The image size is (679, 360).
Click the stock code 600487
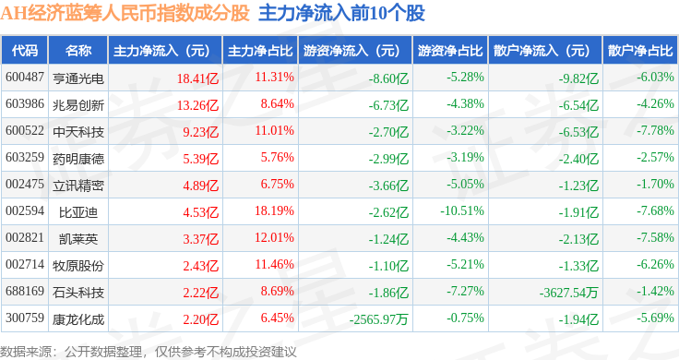25,78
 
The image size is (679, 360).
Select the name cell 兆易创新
78,105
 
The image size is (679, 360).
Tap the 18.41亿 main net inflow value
197,78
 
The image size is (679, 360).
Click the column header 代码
25,51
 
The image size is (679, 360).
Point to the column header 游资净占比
450,51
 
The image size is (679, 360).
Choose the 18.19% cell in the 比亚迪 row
274,211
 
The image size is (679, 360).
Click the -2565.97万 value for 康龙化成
379,319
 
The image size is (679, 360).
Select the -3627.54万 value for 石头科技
569,293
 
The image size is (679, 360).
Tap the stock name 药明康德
78,159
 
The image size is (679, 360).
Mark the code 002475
25,184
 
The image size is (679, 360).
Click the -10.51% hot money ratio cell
462,211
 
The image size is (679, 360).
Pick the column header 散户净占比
640,51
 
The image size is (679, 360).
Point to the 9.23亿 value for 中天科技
200,132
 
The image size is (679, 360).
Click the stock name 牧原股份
78,265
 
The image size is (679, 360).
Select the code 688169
25,291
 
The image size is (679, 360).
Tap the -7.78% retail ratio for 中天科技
655,130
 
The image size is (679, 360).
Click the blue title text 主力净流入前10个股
341,13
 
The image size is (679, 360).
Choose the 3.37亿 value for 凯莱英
200,239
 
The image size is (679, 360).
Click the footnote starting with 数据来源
149,352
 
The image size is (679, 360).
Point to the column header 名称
78,51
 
